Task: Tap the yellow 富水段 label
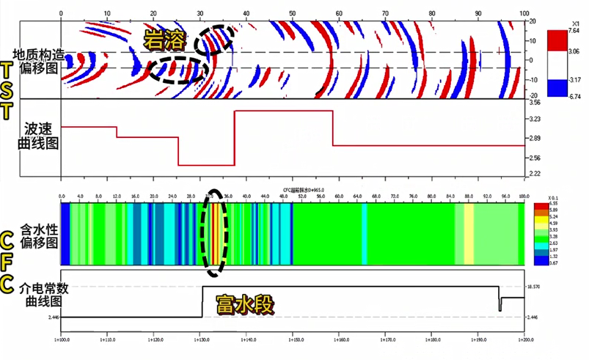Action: tap(244, 305)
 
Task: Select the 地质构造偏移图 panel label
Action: tap(39, 61)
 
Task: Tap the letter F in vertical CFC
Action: tap(7, 262)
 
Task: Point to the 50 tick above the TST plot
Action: tap(293, 14)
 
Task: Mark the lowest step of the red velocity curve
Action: tap(206, 166)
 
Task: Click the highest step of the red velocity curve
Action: tap(283, 111)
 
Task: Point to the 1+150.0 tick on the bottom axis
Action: tap(293, 340)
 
